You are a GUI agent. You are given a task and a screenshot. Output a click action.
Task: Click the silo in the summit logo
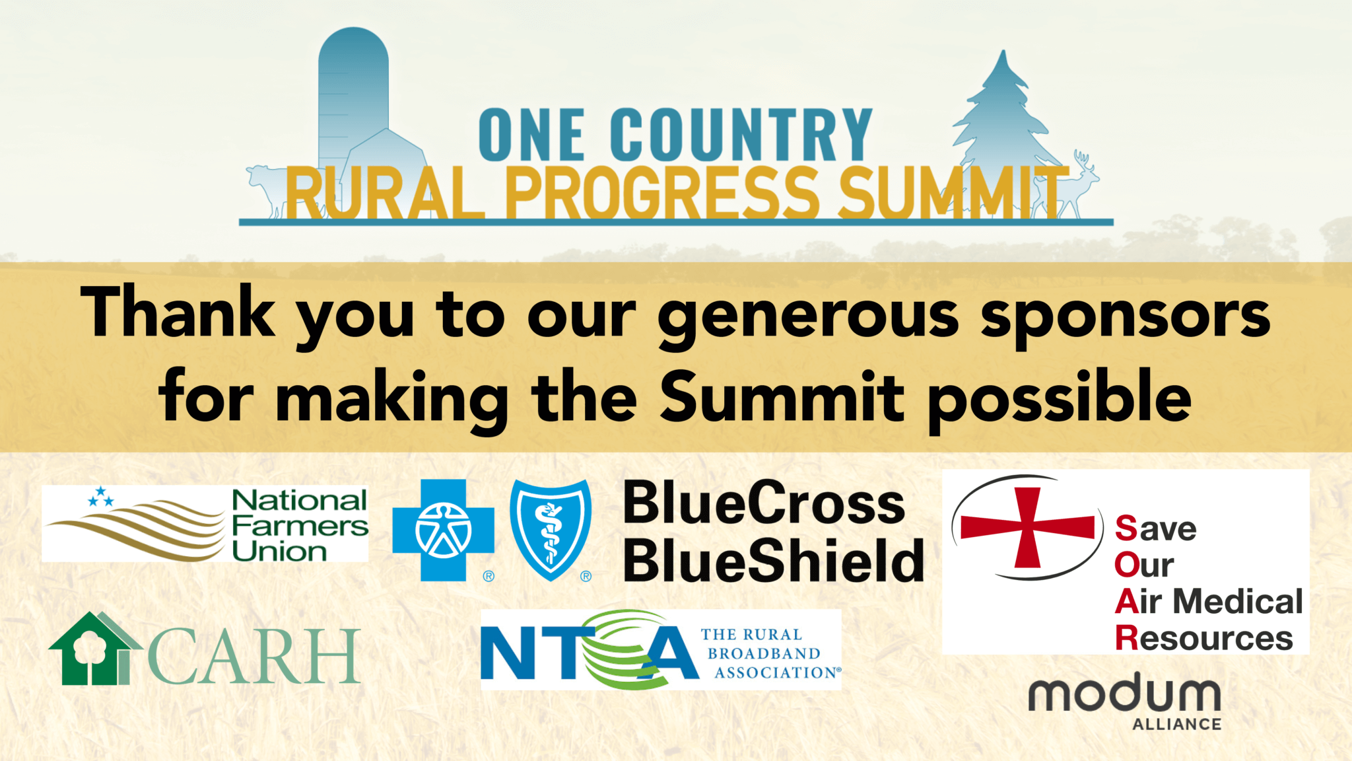tap(353, 99)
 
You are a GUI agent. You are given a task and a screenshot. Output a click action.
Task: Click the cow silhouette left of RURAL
tap(267, 188)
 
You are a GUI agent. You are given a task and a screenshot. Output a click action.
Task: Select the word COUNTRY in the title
tap(741, 135)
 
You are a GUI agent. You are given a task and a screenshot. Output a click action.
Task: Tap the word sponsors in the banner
tap(1125, 316)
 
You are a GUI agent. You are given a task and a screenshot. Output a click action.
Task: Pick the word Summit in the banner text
tap(782, 396)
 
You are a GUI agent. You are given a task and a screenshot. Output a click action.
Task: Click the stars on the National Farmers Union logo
tap(101, 497)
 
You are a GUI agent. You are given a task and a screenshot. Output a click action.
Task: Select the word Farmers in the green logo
tap(300, 526)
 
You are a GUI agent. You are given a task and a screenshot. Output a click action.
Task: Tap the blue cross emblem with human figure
tap(443, 530)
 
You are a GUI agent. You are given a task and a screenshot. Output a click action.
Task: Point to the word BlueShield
tap(774, 560)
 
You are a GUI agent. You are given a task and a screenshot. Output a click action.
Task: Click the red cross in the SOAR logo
tap(1027, 528)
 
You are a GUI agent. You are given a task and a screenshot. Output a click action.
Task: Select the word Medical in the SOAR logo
tap(1238, 602)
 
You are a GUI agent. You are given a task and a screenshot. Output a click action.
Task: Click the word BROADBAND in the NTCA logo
tap(764, 653)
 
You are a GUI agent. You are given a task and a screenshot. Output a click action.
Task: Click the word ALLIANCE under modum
tap(1177, 725)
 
